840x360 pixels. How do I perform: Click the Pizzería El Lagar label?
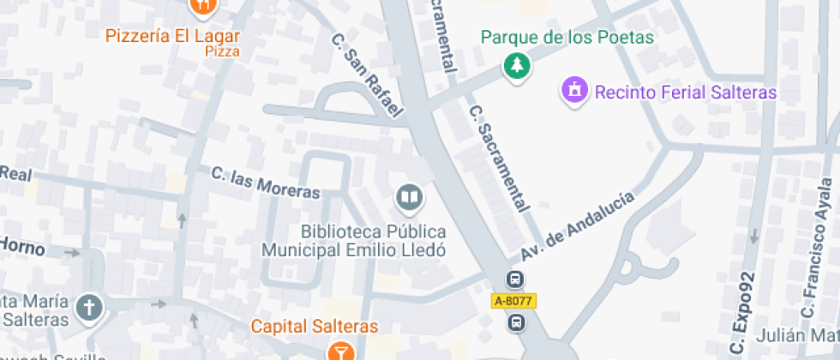point(172,36)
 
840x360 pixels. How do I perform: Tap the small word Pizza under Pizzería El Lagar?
point(222,51)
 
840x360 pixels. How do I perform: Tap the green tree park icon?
point(516,66)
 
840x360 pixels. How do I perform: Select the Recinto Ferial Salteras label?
point(685,92)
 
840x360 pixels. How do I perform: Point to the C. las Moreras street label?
point(266,183)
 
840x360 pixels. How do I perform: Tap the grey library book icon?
point(410,200)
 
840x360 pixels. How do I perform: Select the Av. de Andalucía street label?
point(578,226)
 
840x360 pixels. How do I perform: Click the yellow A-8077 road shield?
point(513,301)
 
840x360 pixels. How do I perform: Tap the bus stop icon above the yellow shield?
point(515,280)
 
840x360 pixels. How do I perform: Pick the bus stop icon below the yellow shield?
point(516,322)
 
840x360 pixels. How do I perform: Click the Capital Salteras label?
point(315,327)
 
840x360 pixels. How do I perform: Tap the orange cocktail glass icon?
point(341,351)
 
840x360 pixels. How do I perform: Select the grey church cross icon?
point(89,307)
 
